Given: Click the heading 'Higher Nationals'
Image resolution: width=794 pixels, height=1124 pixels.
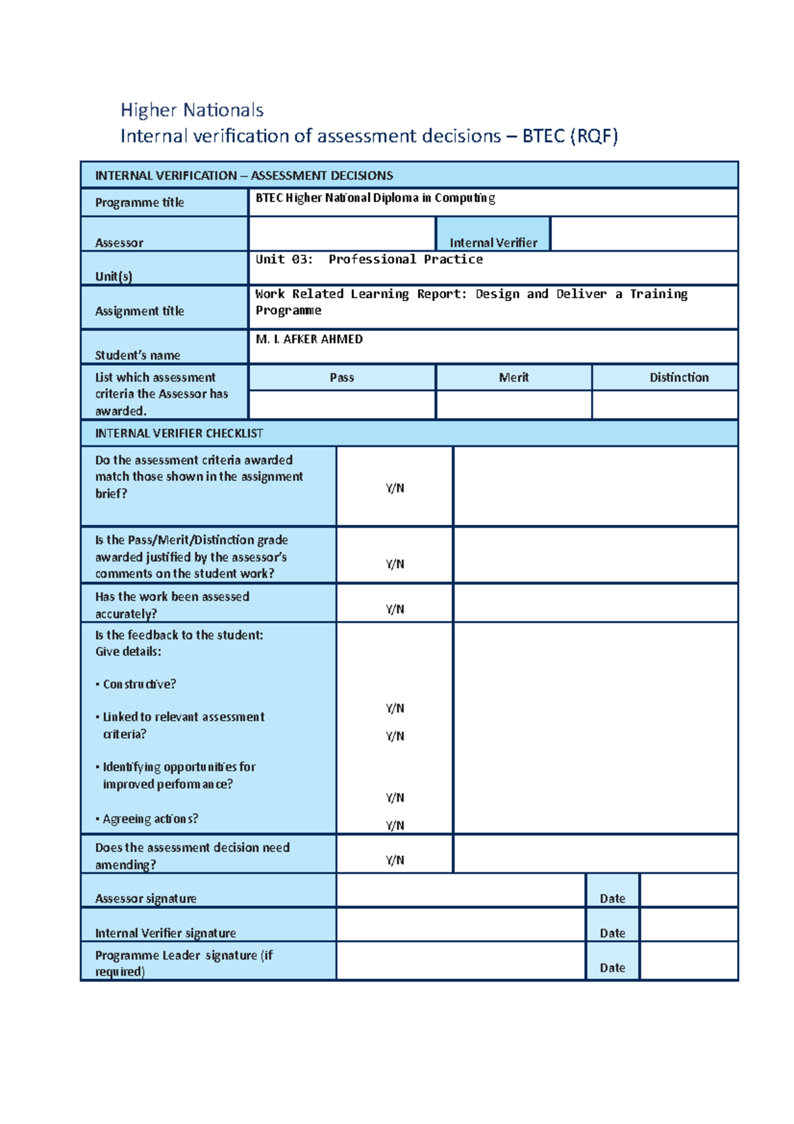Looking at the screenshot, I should tap(192, 110).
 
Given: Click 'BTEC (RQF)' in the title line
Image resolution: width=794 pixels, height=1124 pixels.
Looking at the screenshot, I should tap(570, 136).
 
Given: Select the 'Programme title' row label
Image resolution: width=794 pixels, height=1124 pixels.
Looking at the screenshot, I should tap(140, 203).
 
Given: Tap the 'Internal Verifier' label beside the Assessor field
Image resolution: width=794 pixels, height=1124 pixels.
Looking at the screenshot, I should tap(493, 243).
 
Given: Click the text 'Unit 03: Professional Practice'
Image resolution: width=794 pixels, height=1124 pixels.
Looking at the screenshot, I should tap(369, 259).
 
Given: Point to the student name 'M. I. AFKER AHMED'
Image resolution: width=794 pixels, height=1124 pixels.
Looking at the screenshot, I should tap(309, 339).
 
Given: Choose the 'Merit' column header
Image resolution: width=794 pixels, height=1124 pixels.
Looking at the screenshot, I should tap(513, 377).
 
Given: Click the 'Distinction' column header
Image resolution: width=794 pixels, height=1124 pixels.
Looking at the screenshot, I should tap(679, 377).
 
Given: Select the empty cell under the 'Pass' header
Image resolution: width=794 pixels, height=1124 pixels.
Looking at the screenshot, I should tap(341, 404).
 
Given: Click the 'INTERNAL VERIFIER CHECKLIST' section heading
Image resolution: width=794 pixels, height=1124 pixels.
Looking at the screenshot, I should tap(179, 434).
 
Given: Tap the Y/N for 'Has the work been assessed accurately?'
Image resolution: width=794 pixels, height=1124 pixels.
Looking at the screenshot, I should tap(395, 609).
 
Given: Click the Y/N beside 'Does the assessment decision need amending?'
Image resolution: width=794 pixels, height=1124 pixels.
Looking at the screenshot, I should tap(395, 860).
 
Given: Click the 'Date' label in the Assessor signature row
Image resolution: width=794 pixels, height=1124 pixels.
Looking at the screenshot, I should tap(612, 898).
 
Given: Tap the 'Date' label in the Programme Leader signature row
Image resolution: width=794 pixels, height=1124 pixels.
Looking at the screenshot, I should tap(612, 968).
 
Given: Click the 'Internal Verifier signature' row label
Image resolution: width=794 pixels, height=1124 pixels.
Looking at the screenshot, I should tap(165, 933).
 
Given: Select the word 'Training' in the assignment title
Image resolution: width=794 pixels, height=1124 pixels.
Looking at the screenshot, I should tap(658, 294).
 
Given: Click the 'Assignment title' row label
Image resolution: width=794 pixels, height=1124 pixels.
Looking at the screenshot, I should tap(140, 311).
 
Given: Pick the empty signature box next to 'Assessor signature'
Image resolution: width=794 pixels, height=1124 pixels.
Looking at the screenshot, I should tap(461, 890).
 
